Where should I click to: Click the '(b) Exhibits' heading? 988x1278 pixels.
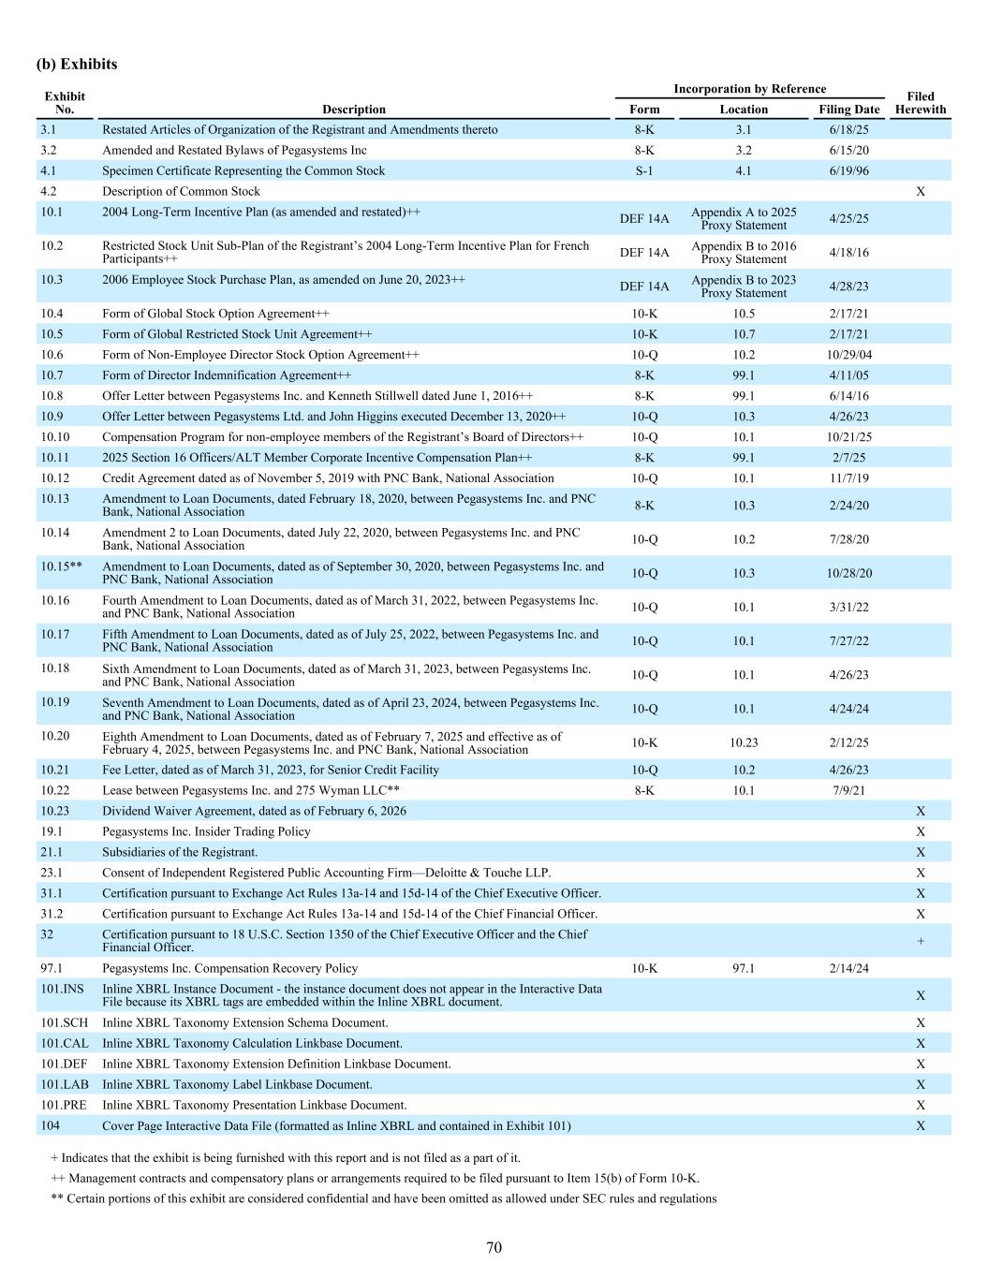pyautogui.click(x=77, y=65)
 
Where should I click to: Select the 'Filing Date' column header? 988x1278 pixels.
pyautogui.click(x=848, y=110)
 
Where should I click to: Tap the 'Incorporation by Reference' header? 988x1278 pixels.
pyautogui.click(x=749, y=89)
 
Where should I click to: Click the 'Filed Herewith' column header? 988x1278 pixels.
pyautogui.click(x=920, y=103)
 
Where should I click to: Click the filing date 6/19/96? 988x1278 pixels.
pyautogui.click(x=848, y=171)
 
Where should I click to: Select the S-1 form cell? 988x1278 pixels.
pyautogui.click(x=644, y=171)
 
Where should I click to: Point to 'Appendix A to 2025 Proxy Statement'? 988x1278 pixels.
pyautogui.click(x=744, y=218)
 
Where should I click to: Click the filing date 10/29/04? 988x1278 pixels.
pyautogui.click(x=848, y=355)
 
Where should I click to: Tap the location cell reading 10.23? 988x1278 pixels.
pyautogui.click(x=744, y=742)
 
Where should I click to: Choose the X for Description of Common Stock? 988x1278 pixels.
pyautogui.click(x=920, y=192)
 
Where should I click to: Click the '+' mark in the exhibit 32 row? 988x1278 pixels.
pyautogui.click(x=920, y=941)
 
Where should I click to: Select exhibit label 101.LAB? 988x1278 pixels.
pyautogui.click(x=65, y=1084)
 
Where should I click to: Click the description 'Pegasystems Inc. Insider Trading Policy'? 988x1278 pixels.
pyautogui.click(x=206, y=831)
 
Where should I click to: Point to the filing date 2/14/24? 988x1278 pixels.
pyautogui.click(x=848, y=968)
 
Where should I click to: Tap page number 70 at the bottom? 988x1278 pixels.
pyautogui.click(x=494, y=1247)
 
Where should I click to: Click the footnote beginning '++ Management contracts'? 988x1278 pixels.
pyautogui.click(x=375, y=1179)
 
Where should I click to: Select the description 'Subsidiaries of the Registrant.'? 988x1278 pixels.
pyautogui.click(x=180, y=852)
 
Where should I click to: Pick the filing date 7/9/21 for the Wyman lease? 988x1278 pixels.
pyautogui.click(x=848, y=790)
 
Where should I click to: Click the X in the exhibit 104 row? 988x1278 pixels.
pyautogui.click(x=920, y=1125)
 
